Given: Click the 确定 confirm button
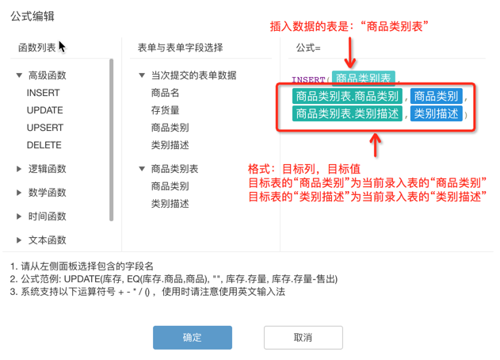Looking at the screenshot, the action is (193, 337).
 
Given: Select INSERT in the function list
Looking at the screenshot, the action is (43, 93).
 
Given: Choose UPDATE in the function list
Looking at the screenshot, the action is (44, 110).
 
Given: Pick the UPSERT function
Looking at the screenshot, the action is (45, 128).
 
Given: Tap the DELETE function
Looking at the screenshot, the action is (44, 145).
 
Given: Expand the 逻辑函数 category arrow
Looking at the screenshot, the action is (19, 169).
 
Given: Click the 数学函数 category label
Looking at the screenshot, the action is (48, 193).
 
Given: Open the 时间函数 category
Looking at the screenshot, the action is (48, 216).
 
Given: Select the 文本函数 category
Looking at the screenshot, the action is (48, 240).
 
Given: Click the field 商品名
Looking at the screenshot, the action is (165, 93).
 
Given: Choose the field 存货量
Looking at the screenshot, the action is (165, 110).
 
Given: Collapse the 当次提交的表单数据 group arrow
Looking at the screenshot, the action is (142, 75).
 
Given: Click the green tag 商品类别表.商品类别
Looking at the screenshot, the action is (347, 96).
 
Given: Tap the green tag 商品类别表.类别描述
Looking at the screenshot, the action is (347, 113).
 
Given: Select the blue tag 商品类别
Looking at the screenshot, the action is (436, 96).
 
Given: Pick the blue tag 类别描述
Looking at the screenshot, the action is (436, 113).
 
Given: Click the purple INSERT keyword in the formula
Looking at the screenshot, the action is (308, 79).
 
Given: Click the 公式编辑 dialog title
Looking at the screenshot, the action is (32, 16).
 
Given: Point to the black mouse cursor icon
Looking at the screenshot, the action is (62, 47).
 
